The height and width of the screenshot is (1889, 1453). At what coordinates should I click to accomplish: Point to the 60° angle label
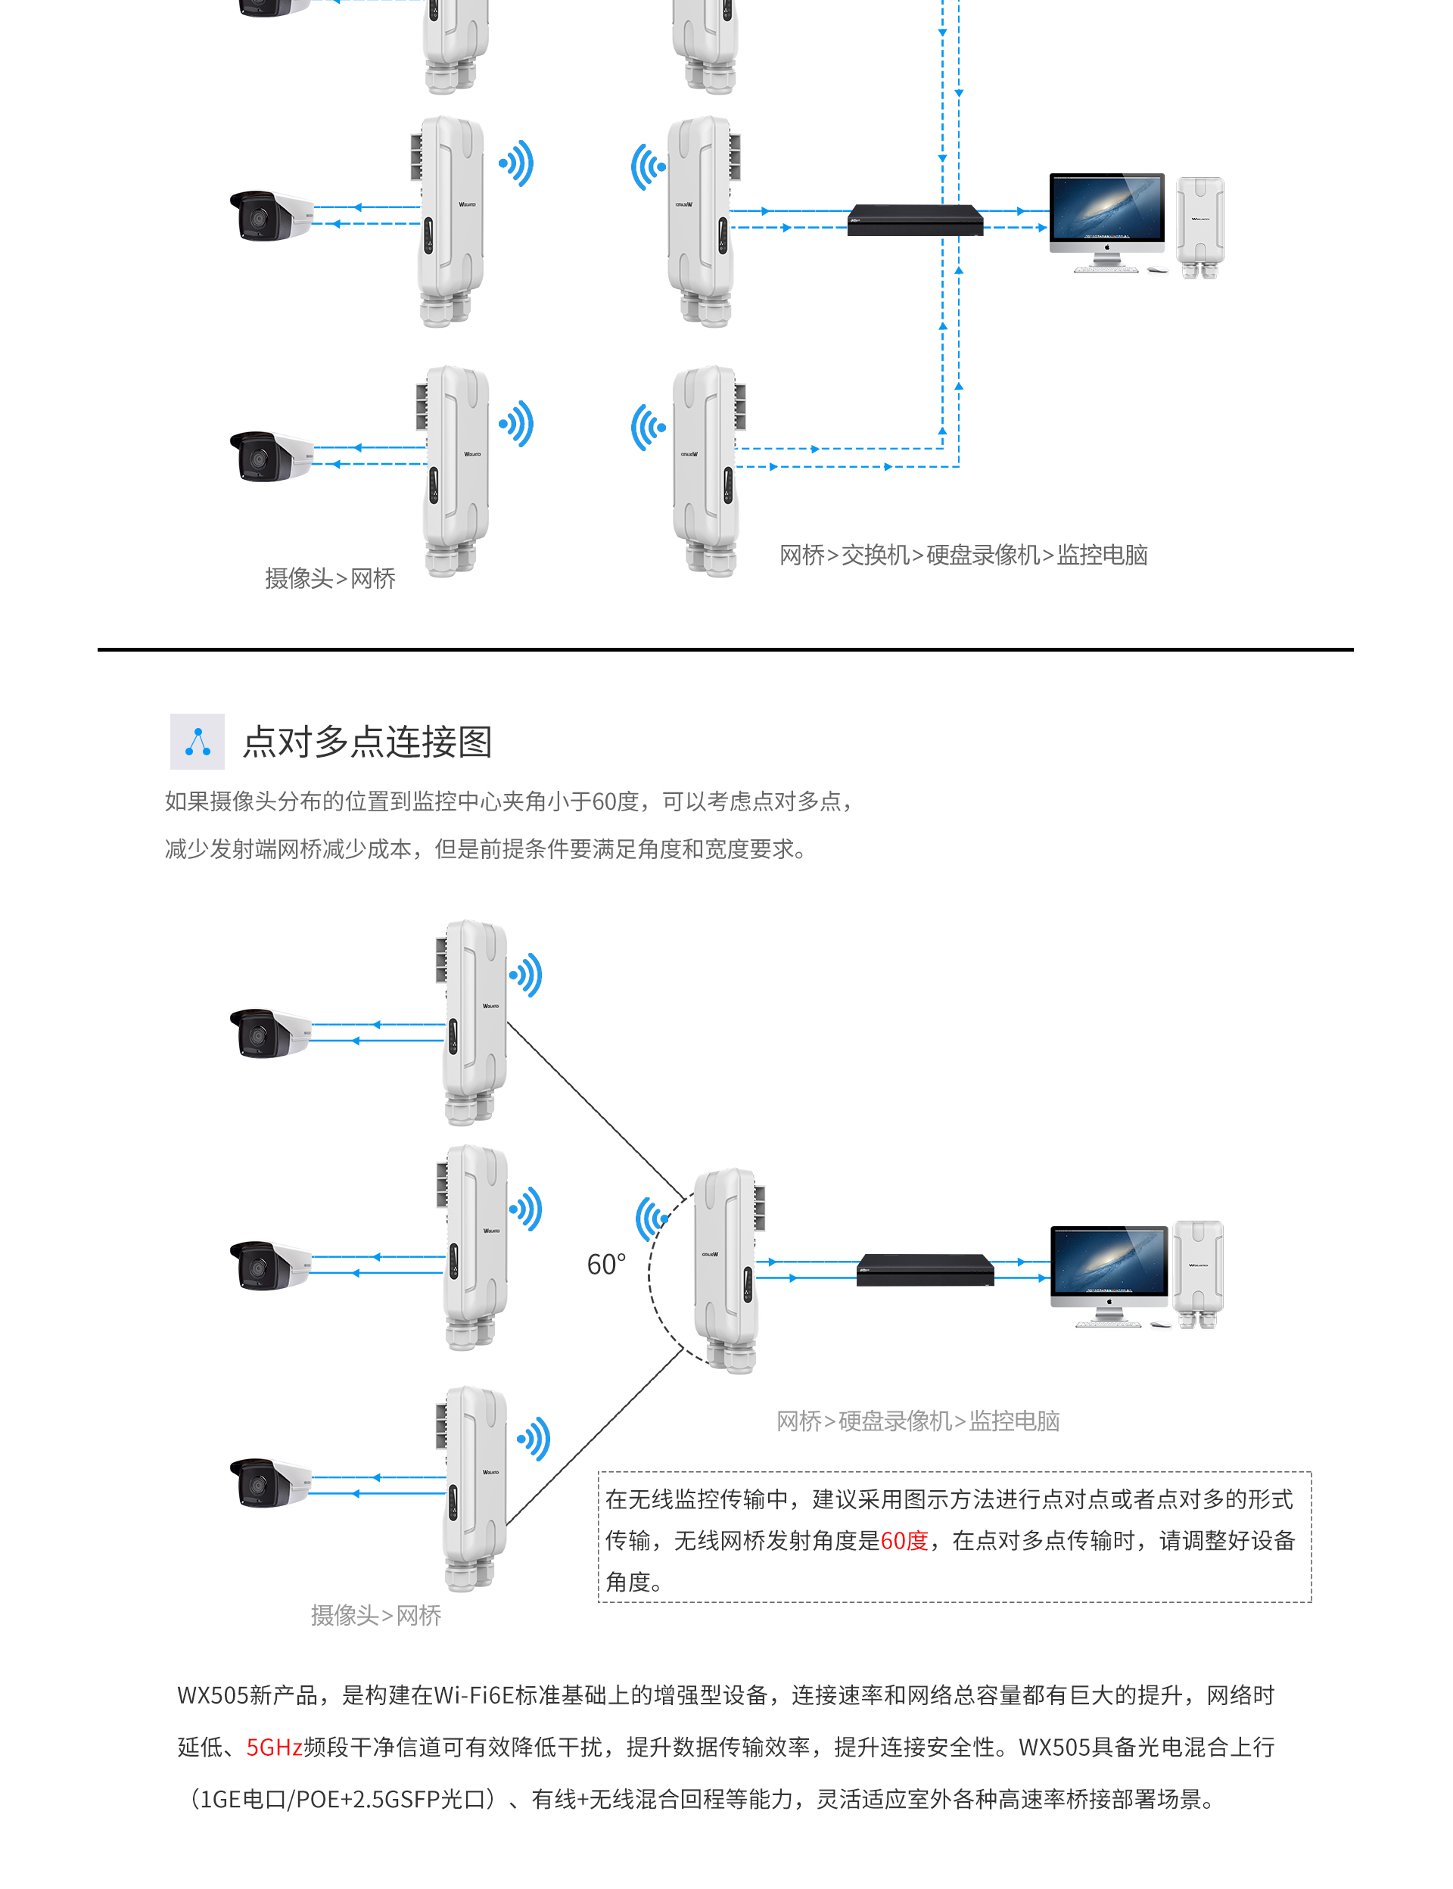605,1265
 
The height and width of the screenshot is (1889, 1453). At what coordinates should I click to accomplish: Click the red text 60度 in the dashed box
903,1540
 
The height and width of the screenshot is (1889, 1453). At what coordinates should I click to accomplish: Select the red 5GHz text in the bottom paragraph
274,1747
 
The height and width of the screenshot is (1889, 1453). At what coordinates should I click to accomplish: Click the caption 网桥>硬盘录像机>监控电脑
918,1421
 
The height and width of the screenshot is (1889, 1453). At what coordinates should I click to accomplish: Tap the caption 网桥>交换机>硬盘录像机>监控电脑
963,555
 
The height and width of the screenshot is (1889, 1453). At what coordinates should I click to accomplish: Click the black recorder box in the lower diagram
925,1271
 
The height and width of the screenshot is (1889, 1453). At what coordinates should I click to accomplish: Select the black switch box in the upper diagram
915,219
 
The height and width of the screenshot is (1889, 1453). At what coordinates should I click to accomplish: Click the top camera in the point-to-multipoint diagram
269,1032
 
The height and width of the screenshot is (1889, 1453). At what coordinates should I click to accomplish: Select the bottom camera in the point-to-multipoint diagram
269,1483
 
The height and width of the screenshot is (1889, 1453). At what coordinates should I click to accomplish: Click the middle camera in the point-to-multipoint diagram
269,1265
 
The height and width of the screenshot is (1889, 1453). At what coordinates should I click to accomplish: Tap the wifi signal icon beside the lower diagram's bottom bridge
534,1439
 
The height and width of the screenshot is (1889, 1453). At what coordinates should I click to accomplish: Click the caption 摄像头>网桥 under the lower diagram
375,1615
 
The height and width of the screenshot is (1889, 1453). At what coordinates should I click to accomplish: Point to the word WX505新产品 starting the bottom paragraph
248,1695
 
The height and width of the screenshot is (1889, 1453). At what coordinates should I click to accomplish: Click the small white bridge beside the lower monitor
1198,1273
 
